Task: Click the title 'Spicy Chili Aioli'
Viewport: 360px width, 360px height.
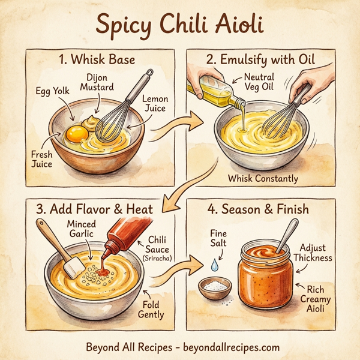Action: (179, 25)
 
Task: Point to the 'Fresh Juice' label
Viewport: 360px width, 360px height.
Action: (42, 159)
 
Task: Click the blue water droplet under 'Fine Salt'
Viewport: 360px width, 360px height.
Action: (214, 263)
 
